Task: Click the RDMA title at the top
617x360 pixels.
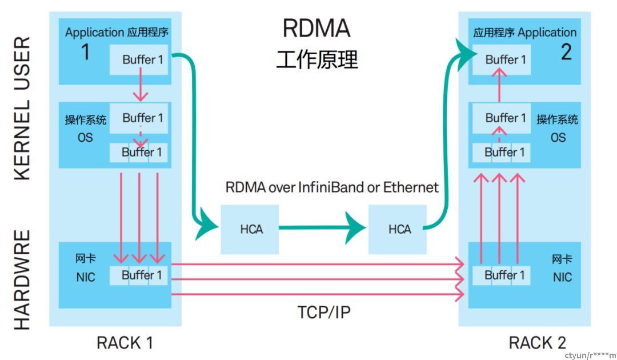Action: click(x=316, y=28)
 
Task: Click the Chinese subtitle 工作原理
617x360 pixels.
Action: click(x=316, y=59)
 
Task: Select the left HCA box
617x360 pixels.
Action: click(x=250, y=229)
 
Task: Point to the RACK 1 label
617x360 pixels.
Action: click(x=125, y=343)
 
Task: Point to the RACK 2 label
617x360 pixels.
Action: click(x=537, y=343)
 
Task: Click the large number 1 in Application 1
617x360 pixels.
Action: click(x=85, y=53)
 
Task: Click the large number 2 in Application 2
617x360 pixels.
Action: click(x=566, y=53)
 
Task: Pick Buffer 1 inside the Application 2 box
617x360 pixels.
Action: click(x=505, y=59)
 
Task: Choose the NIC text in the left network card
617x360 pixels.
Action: click(x=86, y=278)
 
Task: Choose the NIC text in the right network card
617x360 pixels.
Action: click(x=562, y=278)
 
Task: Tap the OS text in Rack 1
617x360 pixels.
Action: click(x=85, y=138)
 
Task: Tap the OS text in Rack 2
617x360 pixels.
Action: click(x=558, y=138)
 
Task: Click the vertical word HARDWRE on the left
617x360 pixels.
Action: click(x=22, y=280)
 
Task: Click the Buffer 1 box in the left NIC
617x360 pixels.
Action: click(x=141, y=275)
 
